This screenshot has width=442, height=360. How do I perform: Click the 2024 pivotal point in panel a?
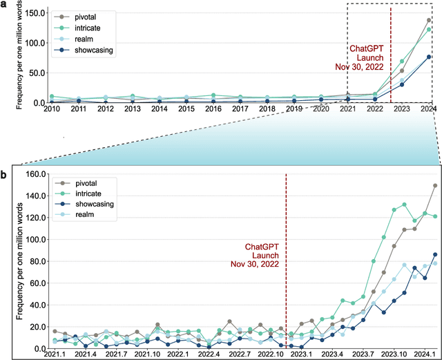[429, 20]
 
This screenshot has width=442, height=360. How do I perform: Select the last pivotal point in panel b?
[435, 185]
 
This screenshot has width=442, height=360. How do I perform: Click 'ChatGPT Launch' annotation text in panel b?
[260, 254]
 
